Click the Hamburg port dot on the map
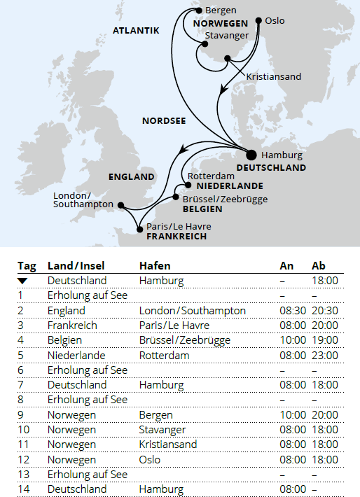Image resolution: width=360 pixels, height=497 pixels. (251, 154)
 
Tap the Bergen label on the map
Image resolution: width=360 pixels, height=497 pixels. (221, 10)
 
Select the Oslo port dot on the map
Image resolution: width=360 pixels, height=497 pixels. (258, 20)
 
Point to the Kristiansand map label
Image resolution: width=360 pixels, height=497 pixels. (274, 76)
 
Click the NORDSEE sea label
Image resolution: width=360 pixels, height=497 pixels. (164, 120)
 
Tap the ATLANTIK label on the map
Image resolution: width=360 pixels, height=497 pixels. (137, 30)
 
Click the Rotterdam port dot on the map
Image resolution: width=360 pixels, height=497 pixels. (188, 186)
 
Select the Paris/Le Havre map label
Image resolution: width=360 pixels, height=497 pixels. (179, 226)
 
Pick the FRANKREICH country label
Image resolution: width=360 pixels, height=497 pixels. (176, 237)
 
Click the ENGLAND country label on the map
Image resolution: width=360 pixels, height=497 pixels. (131, 177)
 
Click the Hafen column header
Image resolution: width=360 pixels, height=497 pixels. (155, 266)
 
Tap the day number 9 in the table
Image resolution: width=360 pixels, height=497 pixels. (21, 414)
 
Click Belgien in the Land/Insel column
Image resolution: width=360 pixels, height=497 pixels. (67, 340)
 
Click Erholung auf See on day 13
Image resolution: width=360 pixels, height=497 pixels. (87, 474)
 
